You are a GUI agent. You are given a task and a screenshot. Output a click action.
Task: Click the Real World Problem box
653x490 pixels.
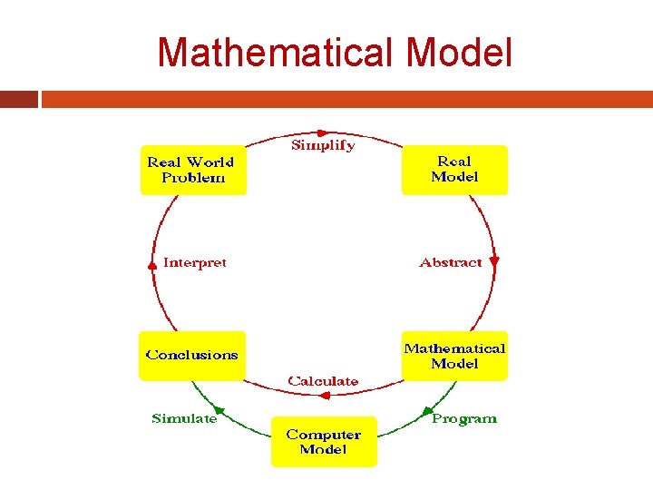(192, 170)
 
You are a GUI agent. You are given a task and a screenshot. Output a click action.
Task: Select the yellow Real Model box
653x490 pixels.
(454, 170)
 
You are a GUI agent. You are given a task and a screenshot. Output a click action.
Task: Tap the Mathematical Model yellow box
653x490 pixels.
(454, 356)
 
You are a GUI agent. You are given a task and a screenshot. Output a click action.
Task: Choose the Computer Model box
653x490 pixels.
(324, 442)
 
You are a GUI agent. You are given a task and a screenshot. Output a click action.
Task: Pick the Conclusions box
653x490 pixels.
(192, 355)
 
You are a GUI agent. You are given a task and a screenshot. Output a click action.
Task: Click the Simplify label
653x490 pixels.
(323, 145)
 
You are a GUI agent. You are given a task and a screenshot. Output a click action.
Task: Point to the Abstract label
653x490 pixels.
(450, 262)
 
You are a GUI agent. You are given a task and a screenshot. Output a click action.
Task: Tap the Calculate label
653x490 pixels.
(323, 381)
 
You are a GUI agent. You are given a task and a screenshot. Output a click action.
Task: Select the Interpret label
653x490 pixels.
(194, 262)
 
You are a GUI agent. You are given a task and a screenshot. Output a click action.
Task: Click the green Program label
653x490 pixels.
(464, 418)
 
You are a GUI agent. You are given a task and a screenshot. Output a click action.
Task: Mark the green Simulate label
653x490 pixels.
(184, 418)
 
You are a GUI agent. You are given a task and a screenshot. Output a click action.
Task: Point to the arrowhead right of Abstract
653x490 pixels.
(494, 261)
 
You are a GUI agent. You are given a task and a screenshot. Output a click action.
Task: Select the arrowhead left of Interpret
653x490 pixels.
(151, 265)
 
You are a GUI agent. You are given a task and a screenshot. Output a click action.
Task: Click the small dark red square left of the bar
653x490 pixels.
(19, 99)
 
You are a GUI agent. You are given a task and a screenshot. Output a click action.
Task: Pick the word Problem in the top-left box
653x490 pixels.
(192, 178)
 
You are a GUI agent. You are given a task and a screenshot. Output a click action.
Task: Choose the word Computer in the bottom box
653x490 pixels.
(324, 435)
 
